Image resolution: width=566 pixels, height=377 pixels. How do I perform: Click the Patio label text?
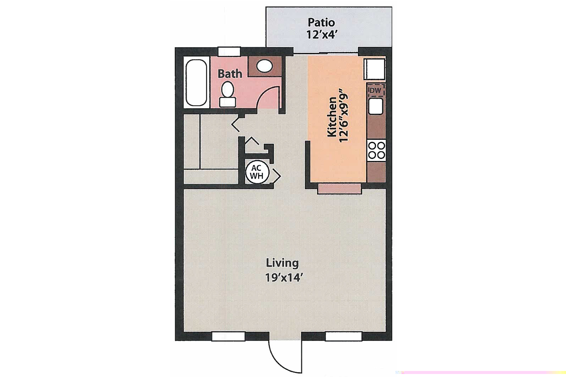coord(321,23)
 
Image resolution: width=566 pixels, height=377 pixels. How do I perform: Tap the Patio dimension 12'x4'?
coord(321,35)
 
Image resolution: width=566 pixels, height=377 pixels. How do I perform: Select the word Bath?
coord(230,74)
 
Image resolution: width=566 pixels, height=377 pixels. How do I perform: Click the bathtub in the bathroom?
coord(196,83)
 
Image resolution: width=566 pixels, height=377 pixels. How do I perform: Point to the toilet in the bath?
coord(227,94)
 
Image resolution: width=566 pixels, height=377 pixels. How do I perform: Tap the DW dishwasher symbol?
coord(375,91)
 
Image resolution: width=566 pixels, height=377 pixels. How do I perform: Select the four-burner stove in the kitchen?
coord(376,150)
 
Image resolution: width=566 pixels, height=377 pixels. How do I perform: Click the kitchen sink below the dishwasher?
coord(376,106)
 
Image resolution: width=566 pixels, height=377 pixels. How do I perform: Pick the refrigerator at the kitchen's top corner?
coord(374,69)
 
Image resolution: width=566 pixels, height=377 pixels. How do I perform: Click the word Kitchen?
coord(332,116)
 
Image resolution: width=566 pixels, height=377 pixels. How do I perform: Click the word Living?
coord(282,263)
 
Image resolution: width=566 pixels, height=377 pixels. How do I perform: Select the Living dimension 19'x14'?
coord(284,278)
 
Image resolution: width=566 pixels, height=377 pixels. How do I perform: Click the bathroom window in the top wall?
coord(229,52)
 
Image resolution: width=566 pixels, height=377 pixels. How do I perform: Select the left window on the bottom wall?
coord(228,336)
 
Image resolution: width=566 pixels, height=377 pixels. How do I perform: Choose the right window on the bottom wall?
coord(343,336)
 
